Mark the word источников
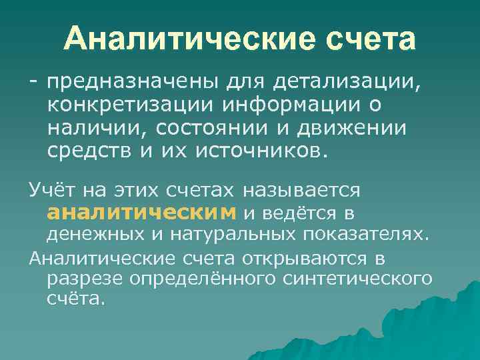(261, 151)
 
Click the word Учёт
(53, 191)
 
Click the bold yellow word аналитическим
(141, 213)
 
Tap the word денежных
(91, 235)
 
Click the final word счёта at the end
(75, 299)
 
